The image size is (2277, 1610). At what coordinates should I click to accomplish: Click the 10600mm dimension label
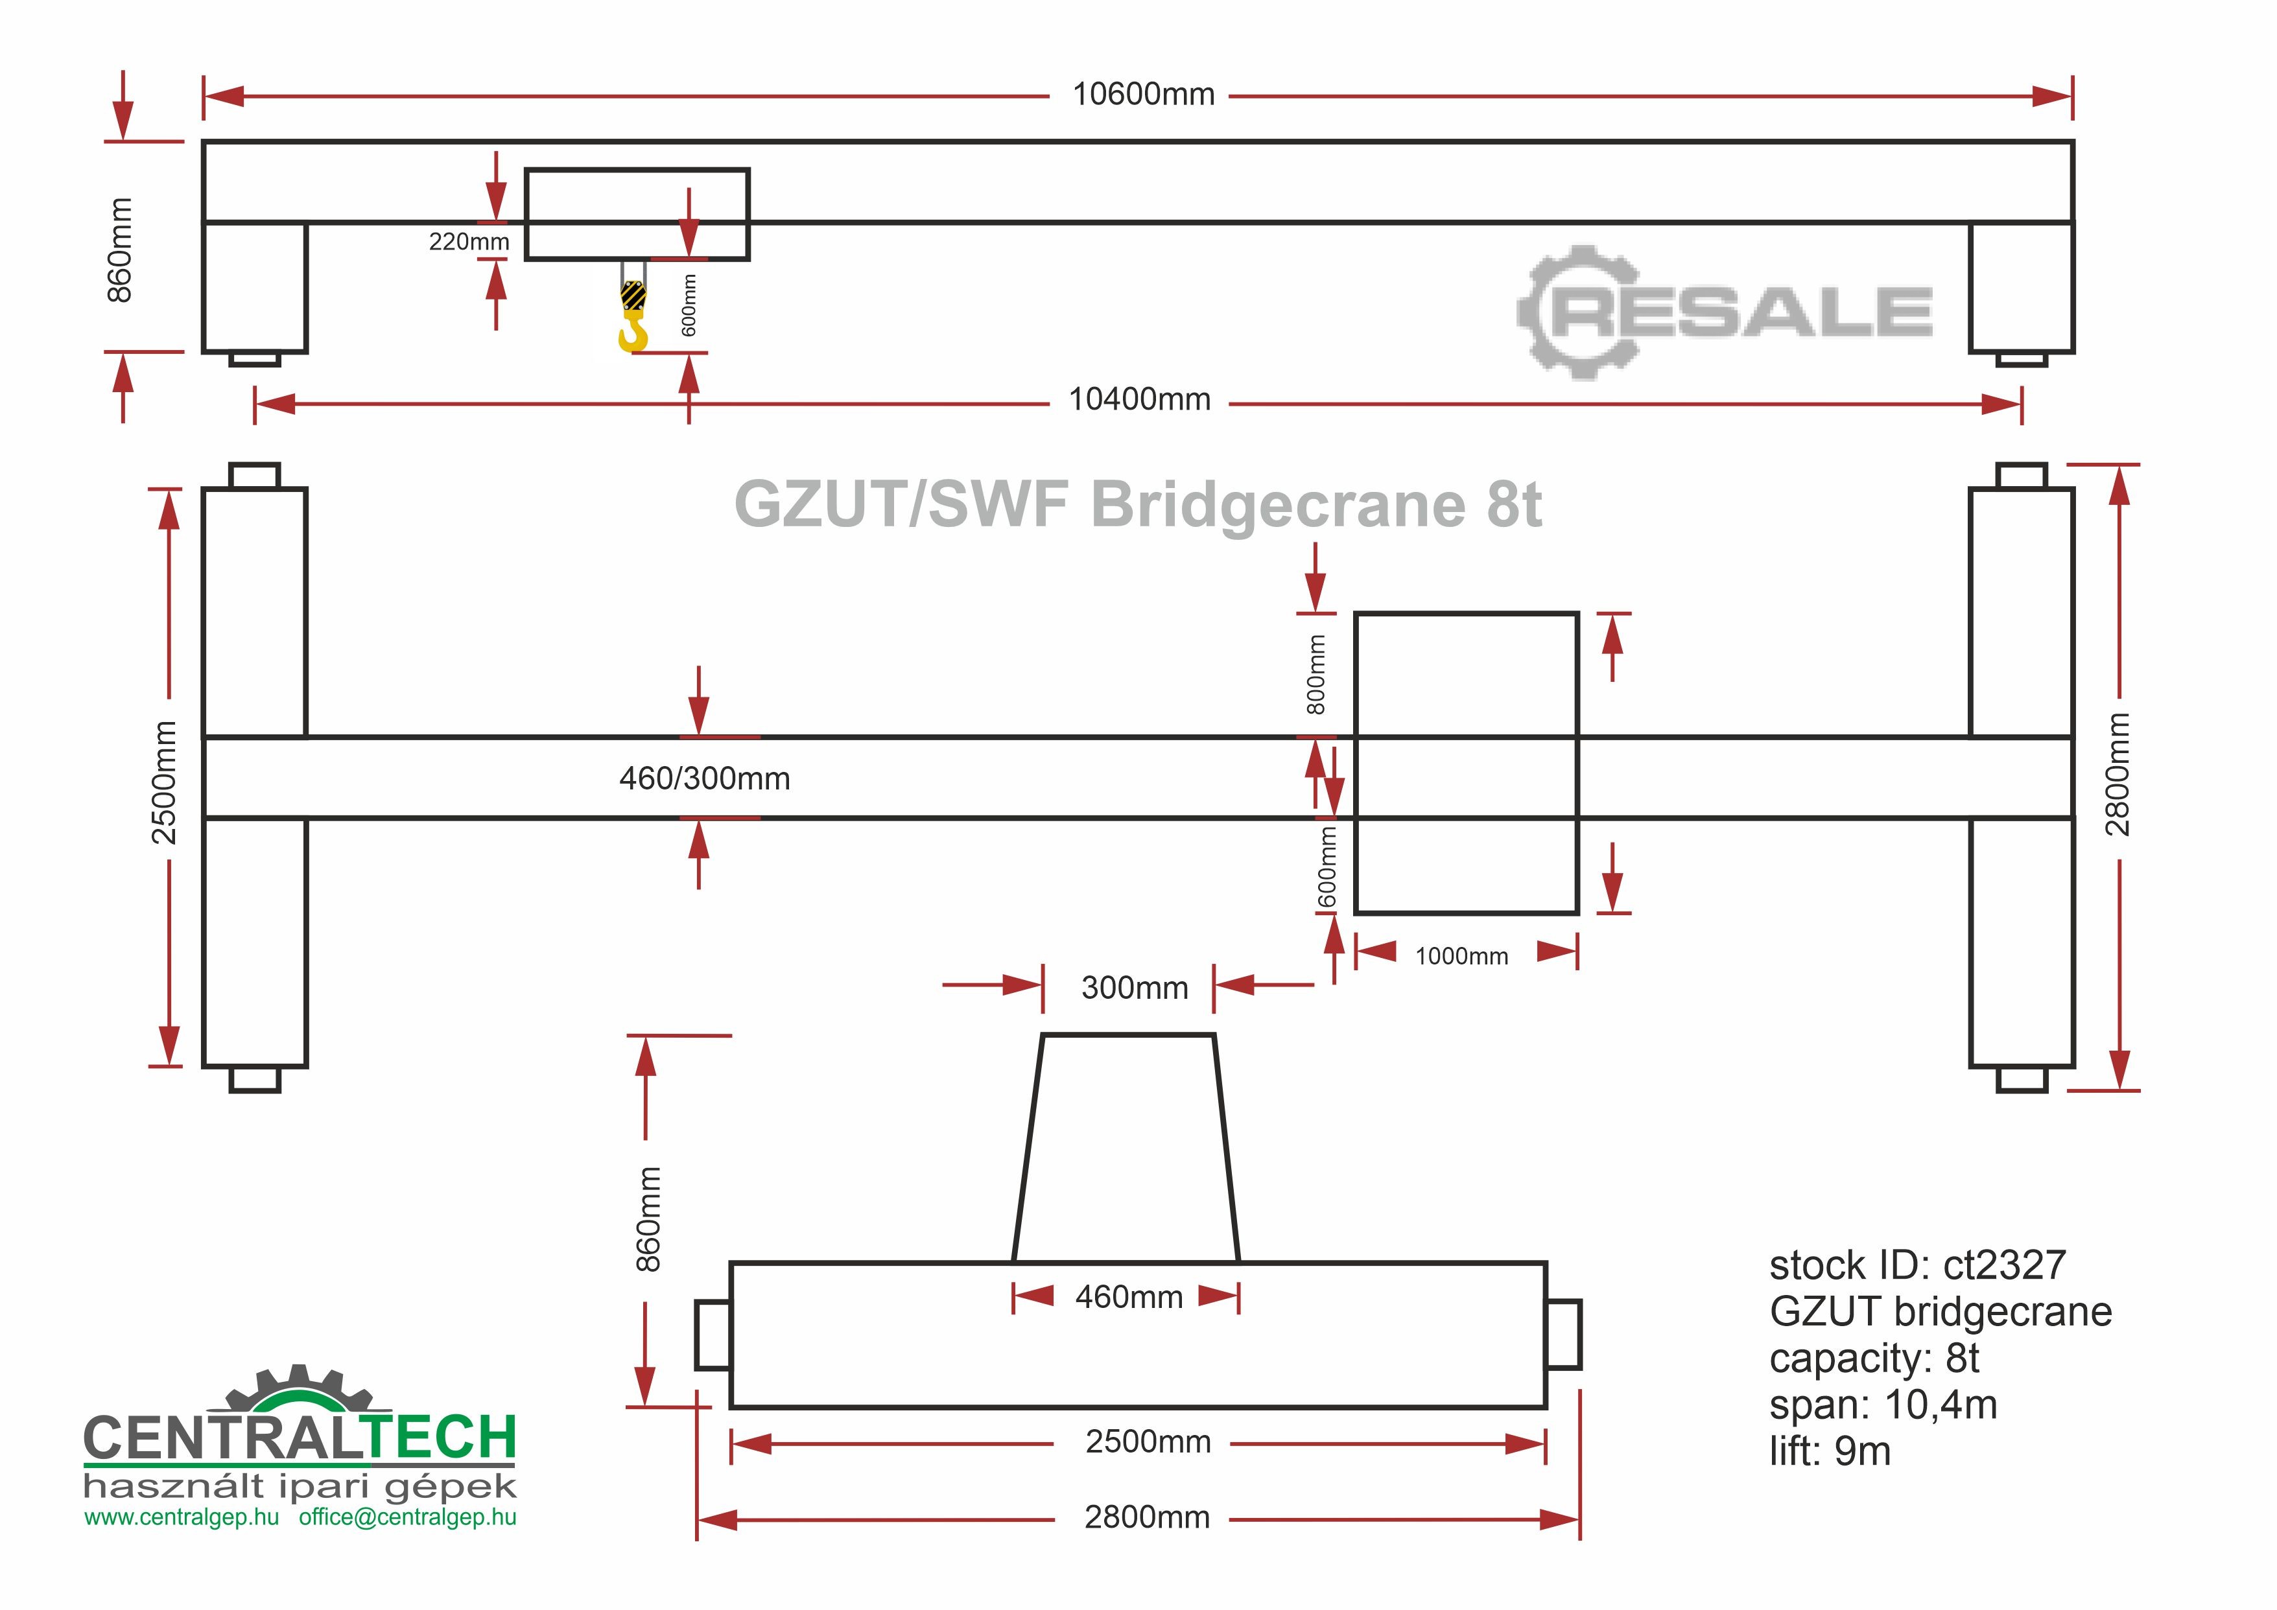(x=1144, y=95)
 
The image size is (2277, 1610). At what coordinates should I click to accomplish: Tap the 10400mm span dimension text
(x=1140, y=401)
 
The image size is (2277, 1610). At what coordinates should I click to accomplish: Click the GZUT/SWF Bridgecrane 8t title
(x=1137, y=505)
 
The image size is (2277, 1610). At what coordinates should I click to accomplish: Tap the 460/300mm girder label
(x=704, y=779)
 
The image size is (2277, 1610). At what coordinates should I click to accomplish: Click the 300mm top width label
(x=1135, y=988)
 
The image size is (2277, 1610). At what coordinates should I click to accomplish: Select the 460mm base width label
(x=1129, y=1298)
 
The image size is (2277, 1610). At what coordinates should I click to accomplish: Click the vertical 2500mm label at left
(x=165, y=783)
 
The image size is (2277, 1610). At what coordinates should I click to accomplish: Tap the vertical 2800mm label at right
(x=2118, y=775)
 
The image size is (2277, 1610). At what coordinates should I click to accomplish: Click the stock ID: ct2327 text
(x=1917, y=1266)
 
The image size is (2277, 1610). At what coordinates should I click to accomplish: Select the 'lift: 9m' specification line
(x=1830, y=1451)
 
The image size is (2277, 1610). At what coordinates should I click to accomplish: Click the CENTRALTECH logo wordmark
(x=300, y=1438)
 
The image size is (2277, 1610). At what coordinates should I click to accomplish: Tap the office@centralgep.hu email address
(x=408, y=1518)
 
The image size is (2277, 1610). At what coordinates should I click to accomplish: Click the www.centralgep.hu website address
(x=182, y=1518)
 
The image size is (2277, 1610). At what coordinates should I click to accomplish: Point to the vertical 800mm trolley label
(x=1316, y=675)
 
